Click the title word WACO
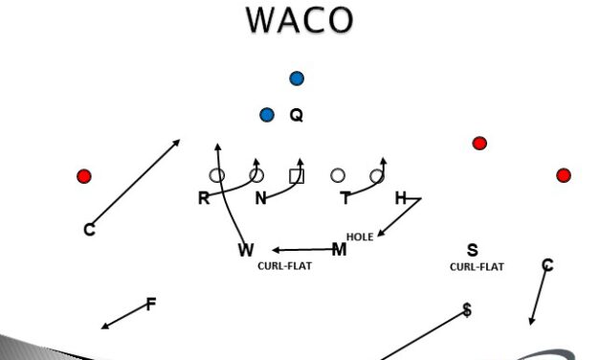pos(300,20)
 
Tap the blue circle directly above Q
pos(297,79)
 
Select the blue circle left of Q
pos(267,115)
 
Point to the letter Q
pos(297,115)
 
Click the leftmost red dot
pos(84,176)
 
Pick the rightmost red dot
pos(564,175)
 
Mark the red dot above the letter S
pos(479,144)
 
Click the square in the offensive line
pos(297,175)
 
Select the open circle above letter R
pos(217,175)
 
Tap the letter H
pos(401,198)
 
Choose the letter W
pos(246,251)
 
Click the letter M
pos(339,250)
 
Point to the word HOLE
pos(360,236)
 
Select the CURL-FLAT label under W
pos(284,266)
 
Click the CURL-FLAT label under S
pos(477,267)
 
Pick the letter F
pos(150,304)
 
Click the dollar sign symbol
pos(467,310)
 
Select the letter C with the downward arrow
pos(547,265)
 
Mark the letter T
pos(345,198)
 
